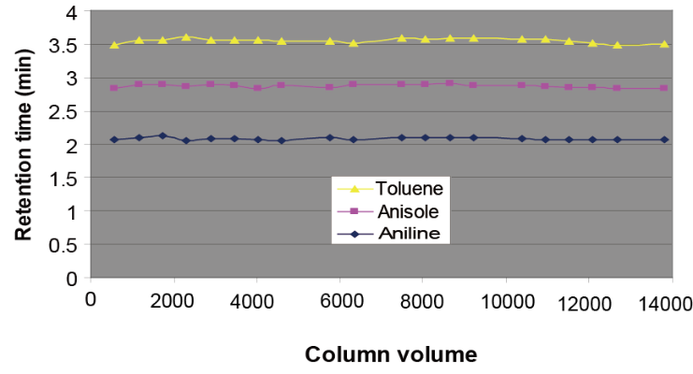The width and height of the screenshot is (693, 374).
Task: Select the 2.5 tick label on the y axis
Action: click(x=66, y=111)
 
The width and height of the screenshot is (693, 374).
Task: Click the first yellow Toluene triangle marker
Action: click(x=114, y=45)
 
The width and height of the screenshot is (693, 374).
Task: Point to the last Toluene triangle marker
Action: click(x=664, y=44)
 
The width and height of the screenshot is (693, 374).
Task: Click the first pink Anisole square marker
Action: click(x=114, y=88)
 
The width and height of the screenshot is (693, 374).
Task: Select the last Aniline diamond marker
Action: click(x=664, y=139)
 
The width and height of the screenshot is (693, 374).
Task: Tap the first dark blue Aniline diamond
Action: click(x=114, y=139)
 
